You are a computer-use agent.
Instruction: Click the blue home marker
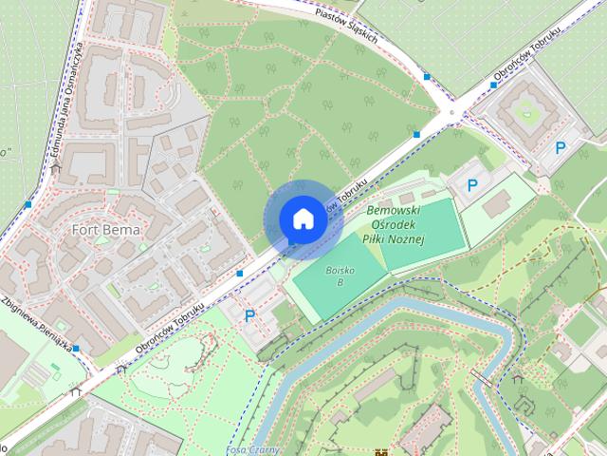(x=303, y=218)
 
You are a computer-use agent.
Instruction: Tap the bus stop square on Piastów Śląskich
(x=428, y=77)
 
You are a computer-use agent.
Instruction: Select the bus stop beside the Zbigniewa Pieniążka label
(x=76, y=350)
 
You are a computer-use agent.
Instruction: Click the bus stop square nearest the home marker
(x=240, y=274)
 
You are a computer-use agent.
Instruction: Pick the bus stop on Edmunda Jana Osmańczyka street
(x=29, y=204)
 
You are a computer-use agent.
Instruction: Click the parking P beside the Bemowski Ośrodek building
(x=471, y=186)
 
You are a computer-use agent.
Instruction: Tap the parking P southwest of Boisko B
(x=249, y=315)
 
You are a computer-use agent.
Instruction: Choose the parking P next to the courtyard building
(x=560, y=147)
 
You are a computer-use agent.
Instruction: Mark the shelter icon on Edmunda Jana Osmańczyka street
(x=58, y=168)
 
